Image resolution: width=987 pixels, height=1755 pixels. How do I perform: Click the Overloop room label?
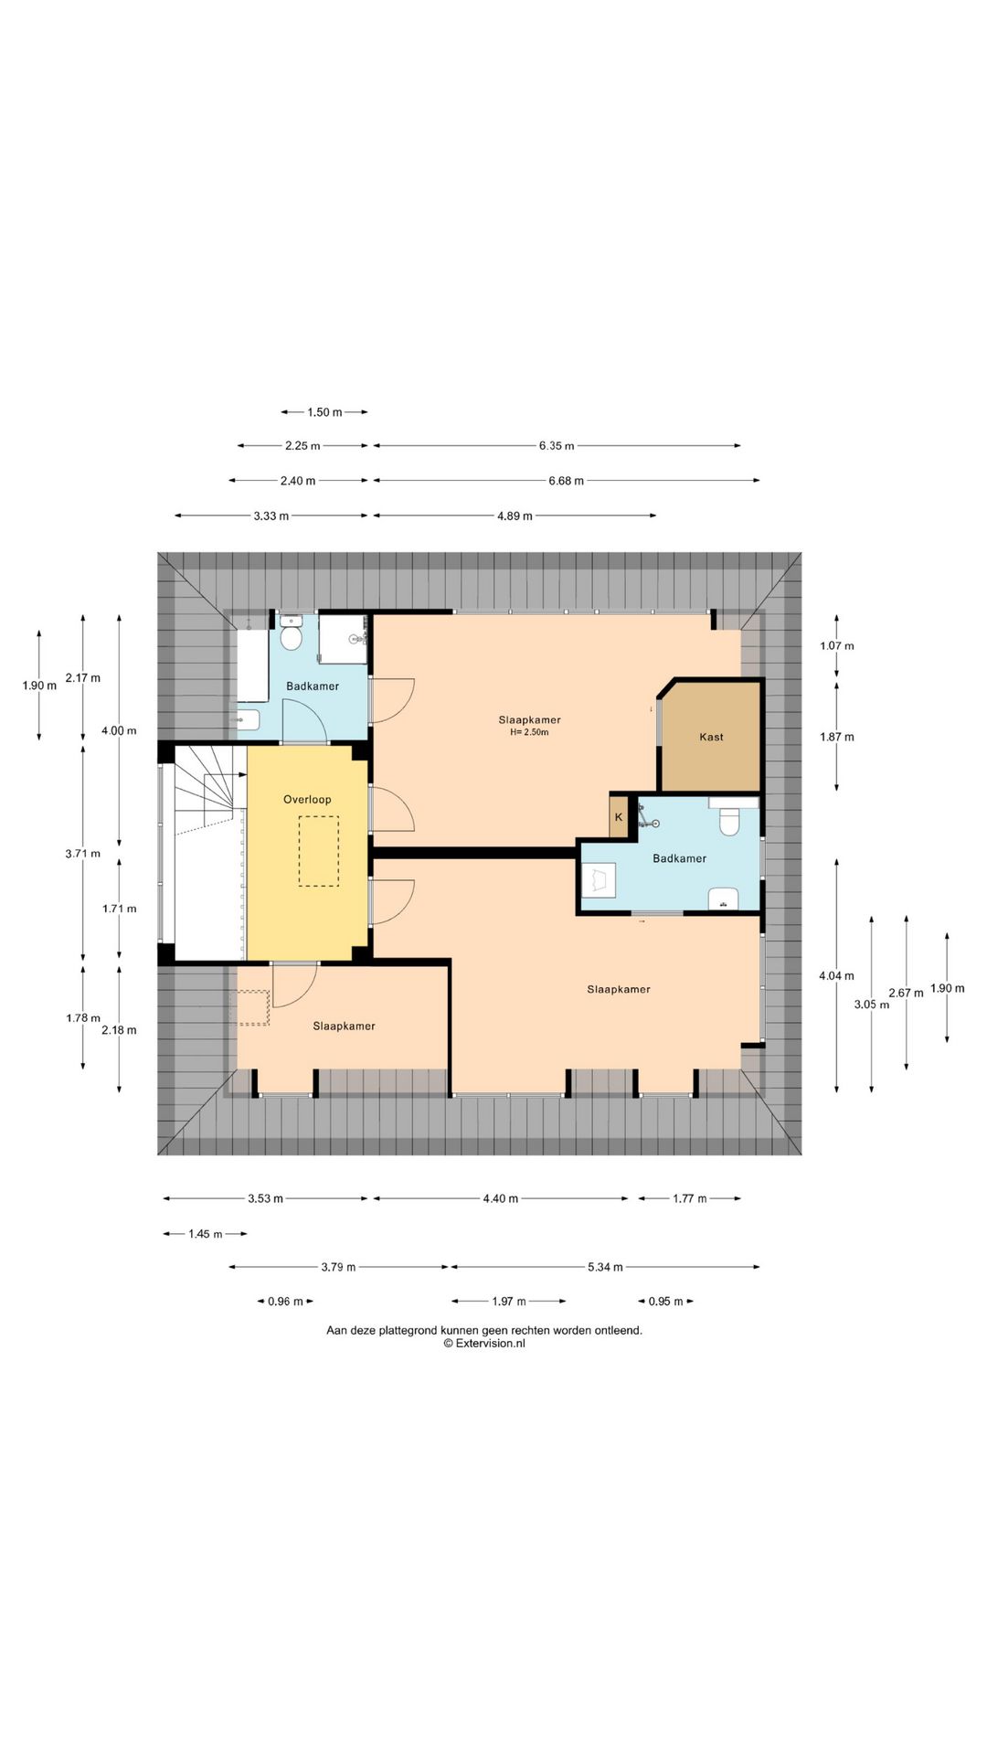click(x=307, y=800)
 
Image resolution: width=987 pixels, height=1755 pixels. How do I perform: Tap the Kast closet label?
click(x=711, y=737)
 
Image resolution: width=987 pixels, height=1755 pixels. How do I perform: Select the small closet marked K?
click(x=619, y=817)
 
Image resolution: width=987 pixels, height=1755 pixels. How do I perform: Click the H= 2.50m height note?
click(x=529, y=732)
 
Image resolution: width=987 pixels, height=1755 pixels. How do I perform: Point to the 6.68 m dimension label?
click(x=566, y=481)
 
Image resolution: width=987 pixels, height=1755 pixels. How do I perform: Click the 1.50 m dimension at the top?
click(x=324, y=412)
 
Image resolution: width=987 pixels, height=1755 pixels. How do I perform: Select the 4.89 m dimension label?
click(x=515, y=516)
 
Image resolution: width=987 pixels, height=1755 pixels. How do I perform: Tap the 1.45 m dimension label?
click(x=206, y=1234)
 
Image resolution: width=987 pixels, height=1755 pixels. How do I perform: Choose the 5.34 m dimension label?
click(x=605, y=1267)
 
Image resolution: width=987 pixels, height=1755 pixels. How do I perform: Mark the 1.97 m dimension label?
click(x=509, y=1302)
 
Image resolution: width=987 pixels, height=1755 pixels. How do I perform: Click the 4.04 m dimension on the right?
click(x=836, y=976)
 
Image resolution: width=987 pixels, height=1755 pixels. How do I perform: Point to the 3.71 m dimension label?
click(x=82, y=854)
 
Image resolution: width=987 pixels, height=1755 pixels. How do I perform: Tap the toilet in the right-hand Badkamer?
click(x=728, y=821)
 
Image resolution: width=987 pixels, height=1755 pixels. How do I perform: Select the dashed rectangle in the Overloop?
click(x=318, y=851)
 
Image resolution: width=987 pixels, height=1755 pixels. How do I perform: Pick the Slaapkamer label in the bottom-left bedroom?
click(x=344, y=1026)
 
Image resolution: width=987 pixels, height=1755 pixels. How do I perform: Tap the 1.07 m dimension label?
click(x=836, y=646)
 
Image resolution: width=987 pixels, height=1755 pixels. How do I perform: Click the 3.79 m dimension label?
click(x=338, y=1267)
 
